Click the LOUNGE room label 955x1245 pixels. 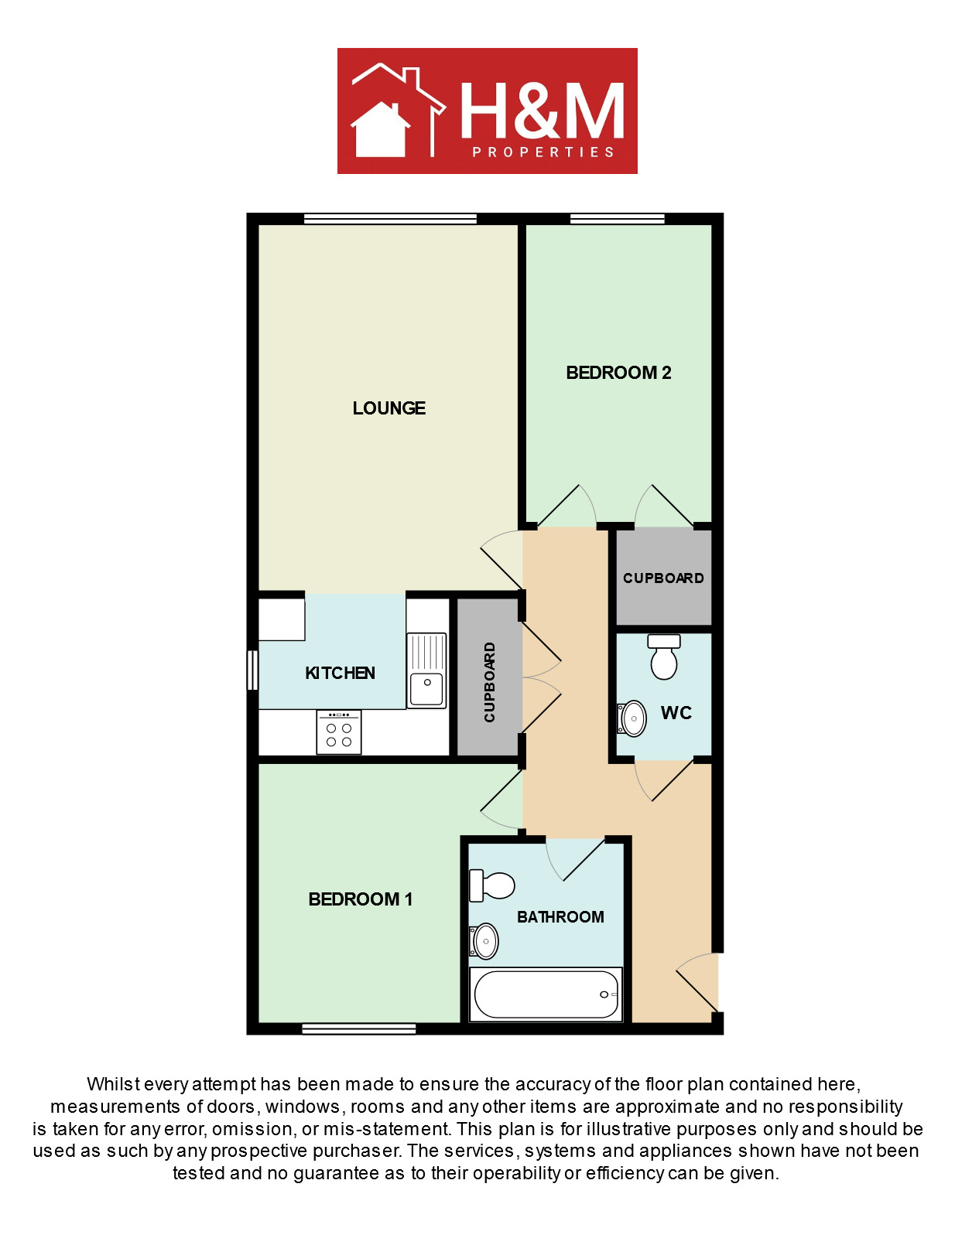pyautogui.click(x=389, y=408)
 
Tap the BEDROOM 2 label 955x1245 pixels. pyautogui.click(x=618, y=373)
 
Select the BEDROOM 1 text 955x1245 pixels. pyautogui.click(x=360, y=899)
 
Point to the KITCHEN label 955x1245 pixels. pyautogui.click(x=340, y=673)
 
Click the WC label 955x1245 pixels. pyautogui.click(x=676, y=713)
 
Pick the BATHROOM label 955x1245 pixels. pyautogui.click(x=560, y=916)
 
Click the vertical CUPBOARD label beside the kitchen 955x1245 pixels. pyautogui.click(x=489, y=682)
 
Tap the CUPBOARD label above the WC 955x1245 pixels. pyautogui.click(x=663, y=578)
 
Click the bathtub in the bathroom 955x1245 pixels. pyautogui.click(x=545, y=994)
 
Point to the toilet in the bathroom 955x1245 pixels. pyautogui.click(x=492, y=885)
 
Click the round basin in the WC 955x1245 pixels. pyautogui.click(x=632, y=718)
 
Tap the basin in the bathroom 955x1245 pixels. pyautogui.click(x=484, y=940)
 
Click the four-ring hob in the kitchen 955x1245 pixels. pyautogui.click(x=339, y=732)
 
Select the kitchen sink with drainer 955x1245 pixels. pyautogui.click(x=426, y=670)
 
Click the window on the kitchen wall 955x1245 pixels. pyautogui.click(x=252, y=670)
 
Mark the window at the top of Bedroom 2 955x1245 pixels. pyautogui.click(x=618, y=218)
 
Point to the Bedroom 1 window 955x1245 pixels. pyautogui.click(x=359, y=1029)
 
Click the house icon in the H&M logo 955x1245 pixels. pyautogui.click(x=379, y=129)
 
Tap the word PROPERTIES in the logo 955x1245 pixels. pyautogui.click(x=543, y=152)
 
